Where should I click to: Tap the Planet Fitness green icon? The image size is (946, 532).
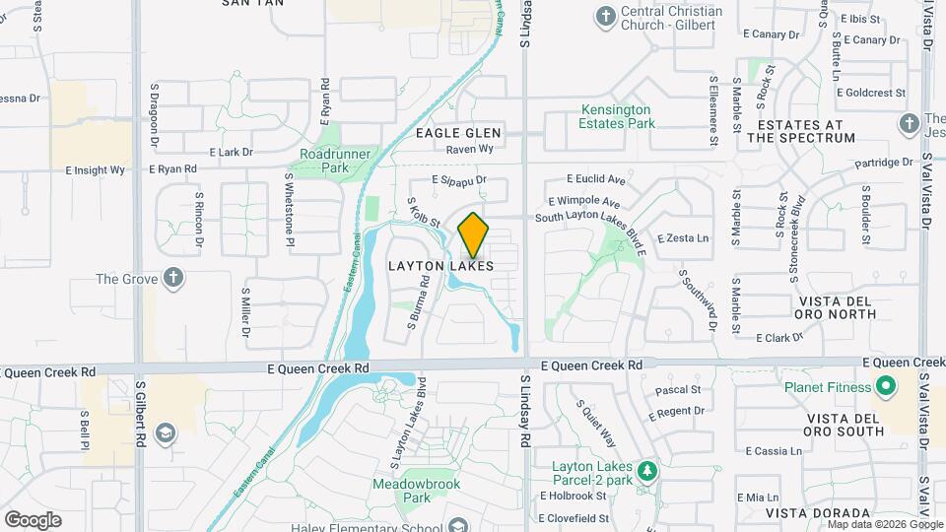(885, 386)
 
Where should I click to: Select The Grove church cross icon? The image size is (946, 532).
(173, 278)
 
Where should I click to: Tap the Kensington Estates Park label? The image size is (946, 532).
(617, 116)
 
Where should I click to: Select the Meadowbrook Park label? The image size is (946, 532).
(402, 491)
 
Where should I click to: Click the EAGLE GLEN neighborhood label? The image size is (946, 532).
(458, 133)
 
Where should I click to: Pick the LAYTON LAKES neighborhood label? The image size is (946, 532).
(440, 266)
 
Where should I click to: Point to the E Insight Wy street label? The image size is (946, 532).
(96, 170)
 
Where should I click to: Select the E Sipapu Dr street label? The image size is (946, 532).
(460, 180)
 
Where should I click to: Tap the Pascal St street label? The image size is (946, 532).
(677, 390)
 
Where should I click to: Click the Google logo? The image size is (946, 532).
(33, 519)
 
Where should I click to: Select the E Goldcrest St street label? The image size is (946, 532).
(871, 93)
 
